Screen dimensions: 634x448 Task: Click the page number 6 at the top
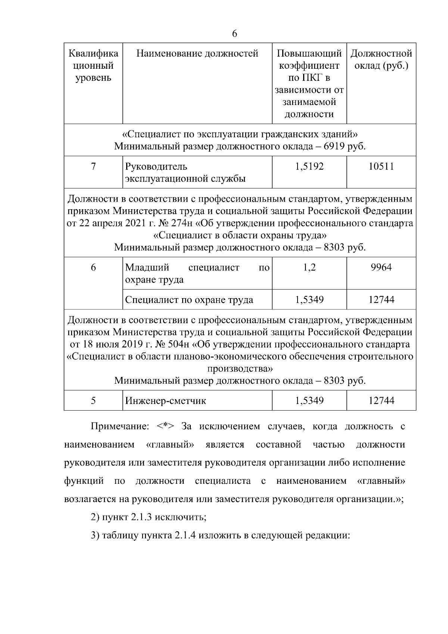tap(234, 34)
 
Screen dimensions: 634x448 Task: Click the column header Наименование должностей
tap(197, 54)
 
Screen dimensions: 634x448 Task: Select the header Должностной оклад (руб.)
tap(381, 60)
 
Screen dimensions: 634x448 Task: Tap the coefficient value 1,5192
tap(309, 167)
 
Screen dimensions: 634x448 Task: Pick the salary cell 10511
tap(381, 167)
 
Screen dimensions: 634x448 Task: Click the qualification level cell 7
tap(93, 167)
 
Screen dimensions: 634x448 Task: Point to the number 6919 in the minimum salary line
tap(334, 146)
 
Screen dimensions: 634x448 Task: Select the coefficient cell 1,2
tap(309, 267)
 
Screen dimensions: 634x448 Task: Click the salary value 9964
tap(381, 267)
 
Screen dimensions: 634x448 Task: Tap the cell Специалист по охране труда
tap(189, 300)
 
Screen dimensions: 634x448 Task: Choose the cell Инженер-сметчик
tap(165, 401)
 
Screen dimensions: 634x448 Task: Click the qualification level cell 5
tap(93, 401)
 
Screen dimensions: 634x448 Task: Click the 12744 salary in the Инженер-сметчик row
tap(381, 401)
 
